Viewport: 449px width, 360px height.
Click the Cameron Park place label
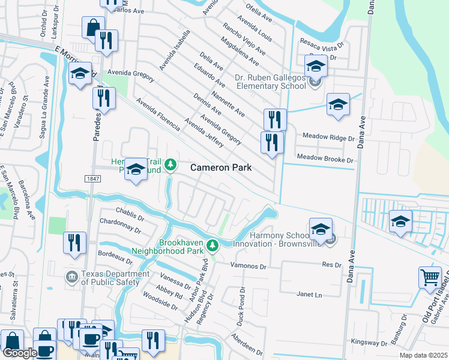[221, 168]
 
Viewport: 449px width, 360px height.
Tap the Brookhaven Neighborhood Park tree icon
[212, 245]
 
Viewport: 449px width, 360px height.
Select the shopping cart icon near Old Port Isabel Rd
[430, 278]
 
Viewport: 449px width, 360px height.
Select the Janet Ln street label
[309, 295]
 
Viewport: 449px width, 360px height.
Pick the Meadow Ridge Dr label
[329, 138]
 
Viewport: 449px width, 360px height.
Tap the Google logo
[20, 353]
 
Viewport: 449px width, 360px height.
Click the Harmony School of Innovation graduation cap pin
[321, 229]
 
